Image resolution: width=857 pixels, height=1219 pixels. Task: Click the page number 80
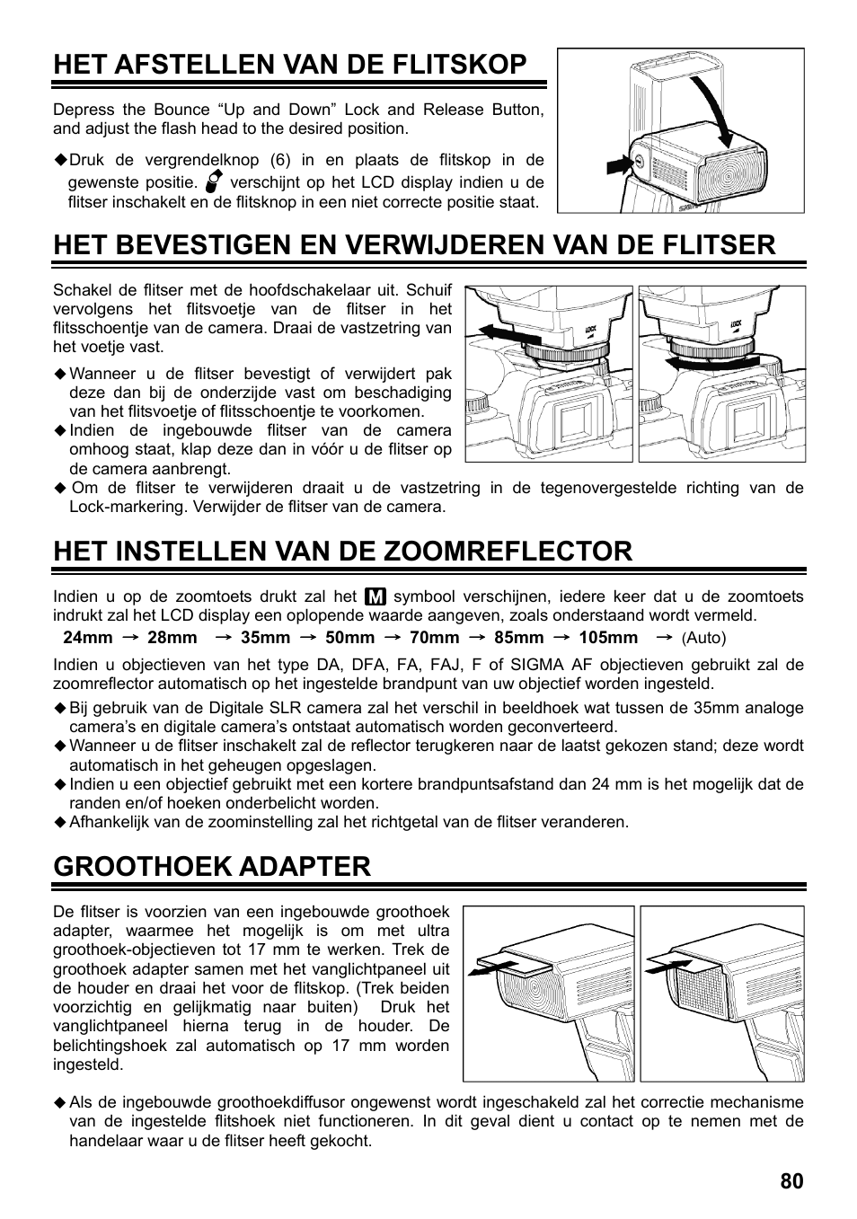click(791, 1181)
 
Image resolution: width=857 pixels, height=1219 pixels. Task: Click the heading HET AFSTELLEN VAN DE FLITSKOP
click(289, 65)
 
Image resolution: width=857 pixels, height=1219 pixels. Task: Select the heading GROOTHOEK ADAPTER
click(212, 866)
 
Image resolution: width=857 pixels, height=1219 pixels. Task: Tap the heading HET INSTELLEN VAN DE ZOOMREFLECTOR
click(342, 551)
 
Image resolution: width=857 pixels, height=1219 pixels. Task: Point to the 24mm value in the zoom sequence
click(87, 638)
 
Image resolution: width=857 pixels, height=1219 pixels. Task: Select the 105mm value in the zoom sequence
click(608, 638)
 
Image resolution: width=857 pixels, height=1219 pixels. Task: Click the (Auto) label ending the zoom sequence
click(703, 638)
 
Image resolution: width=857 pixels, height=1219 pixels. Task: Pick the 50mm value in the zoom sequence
click(349, 638)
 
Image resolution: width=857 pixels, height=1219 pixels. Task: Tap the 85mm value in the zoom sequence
click(518, 638)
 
